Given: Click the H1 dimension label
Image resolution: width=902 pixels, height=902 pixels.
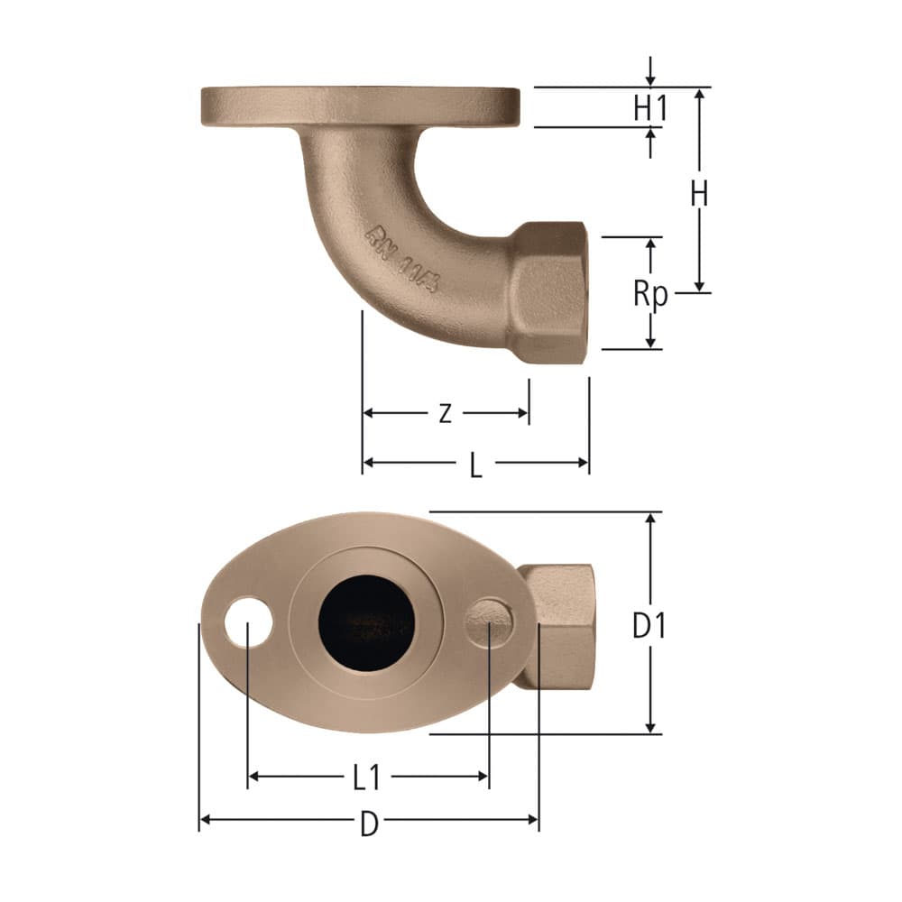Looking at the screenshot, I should point(649,108).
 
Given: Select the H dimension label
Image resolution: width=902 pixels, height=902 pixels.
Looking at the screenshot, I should point(698,194).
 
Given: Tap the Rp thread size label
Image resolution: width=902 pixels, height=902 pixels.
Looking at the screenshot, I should point(649,293).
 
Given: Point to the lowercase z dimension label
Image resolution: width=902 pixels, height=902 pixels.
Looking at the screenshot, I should point(445,414).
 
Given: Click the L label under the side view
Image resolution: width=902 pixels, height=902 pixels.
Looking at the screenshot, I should point(476,465).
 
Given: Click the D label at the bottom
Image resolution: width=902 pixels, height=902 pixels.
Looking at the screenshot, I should point(369,824).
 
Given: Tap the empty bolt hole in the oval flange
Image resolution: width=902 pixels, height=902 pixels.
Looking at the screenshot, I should point(248,622).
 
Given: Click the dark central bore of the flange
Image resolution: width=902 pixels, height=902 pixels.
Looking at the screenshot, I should point(366,622).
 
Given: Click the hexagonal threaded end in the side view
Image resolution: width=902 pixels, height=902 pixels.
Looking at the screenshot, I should point(547,292).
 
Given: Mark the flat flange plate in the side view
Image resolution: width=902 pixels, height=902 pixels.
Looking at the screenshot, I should point(360,106).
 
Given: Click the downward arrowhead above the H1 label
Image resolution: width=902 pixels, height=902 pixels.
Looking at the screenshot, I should point(650,82).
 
